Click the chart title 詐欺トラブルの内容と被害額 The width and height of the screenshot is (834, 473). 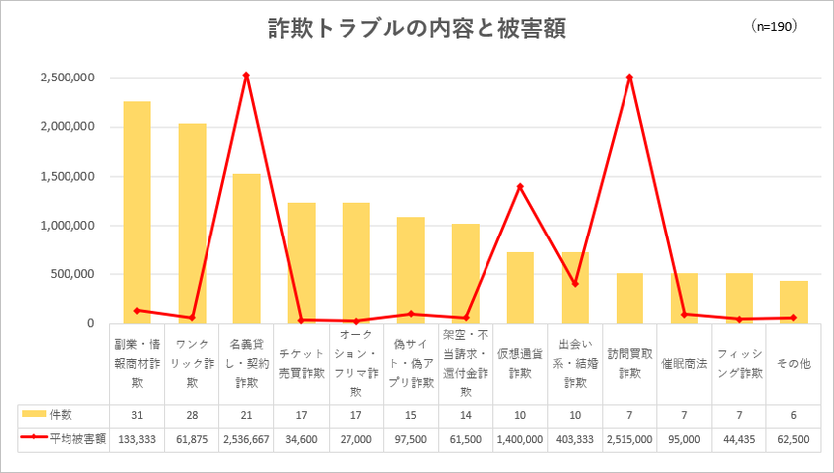pos(417,29)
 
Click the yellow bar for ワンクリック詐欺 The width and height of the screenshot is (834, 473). pos(192,223)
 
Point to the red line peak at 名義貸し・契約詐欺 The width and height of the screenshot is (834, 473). pos(246,75)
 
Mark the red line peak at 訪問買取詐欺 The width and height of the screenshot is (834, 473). pos(629,77)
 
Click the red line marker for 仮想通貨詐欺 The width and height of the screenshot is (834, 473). pos(520,186)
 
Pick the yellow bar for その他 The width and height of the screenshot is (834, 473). pos(793,302)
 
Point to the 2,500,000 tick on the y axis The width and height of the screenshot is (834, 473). pos(68,78)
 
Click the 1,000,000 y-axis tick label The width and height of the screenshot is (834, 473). pos(68,226)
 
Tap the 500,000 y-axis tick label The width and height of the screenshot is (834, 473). pos(73,274)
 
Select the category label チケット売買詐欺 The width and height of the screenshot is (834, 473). pos(301,364)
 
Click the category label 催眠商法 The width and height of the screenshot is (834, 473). pos(684,364)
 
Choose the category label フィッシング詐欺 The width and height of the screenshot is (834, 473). pos(739,364)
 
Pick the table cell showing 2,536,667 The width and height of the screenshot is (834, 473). pos(246,436)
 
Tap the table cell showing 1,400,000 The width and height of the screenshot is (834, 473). pos(520,436)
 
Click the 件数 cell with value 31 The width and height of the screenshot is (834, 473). pos(137,412)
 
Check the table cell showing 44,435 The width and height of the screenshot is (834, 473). pos(739,436)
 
